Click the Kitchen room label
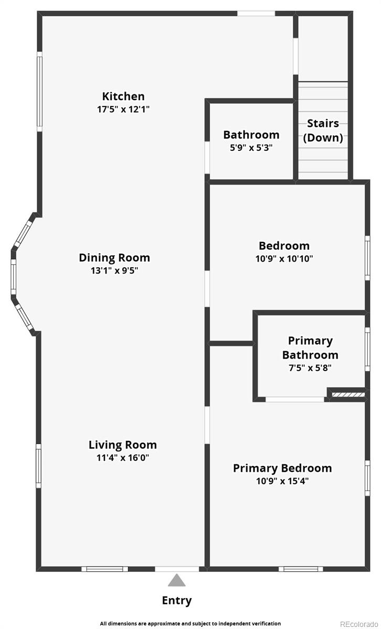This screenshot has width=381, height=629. click(123, 96)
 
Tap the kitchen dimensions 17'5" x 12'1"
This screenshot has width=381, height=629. click(123, 109)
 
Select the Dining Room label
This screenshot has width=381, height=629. click(114, 258)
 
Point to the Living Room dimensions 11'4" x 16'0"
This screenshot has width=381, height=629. click(123, 458)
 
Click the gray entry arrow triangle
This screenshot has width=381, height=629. click(176, 580)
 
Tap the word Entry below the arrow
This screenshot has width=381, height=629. click(177, 601)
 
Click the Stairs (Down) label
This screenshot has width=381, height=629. click(323, 131)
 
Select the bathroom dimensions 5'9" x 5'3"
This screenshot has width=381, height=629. click(251, 147)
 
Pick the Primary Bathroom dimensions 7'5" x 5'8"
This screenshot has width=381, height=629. click(310, 367)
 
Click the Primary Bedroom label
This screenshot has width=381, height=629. click(282, 468)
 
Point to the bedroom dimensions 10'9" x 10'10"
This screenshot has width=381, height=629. click(284, 258)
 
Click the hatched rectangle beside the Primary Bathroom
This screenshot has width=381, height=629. click(348, 395)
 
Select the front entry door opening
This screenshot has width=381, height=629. click(177, 569)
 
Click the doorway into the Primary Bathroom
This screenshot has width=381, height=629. click(295, 399)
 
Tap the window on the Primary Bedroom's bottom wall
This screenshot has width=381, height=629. click(301, 569)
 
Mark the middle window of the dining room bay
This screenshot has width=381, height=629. click(13, 277)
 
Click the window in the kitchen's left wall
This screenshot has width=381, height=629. click(40, 91)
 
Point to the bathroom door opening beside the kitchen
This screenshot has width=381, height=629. click(207, 157)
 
